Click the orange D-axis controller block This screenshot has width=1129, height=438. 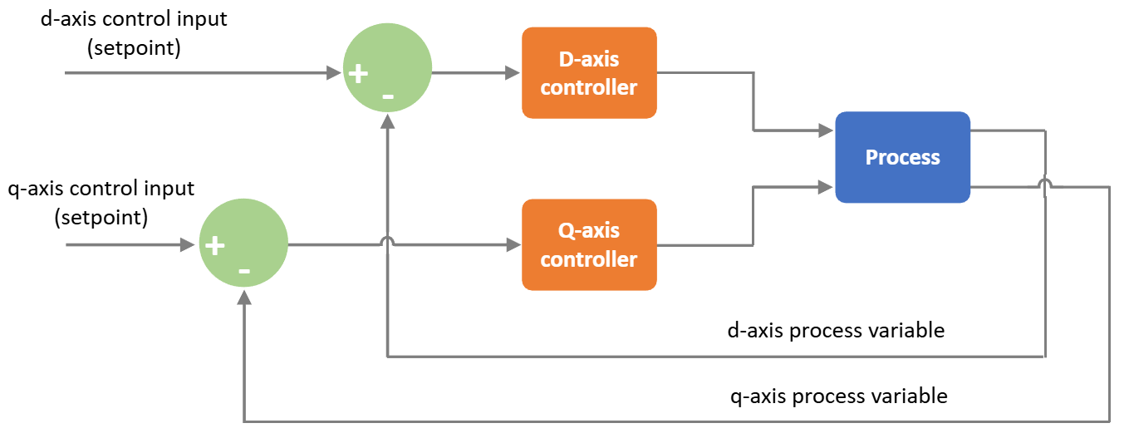[589, 73]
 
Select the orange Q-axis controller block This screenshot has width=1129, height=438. [589, 244]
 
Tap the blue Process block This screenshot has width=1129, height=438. [902, 157]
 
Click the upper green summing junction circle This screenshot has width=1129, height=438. [388, 73]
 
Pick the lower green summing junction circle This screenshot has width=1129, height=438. [243, 245]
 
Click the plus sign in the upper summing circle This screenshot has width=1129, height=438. [357, 74]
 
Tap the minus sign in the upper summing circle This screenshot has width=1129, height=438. [388, 97]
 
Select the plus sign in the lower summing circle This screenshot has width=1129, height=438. [214, 246]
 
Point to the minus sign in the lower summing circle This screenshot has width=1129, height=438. [244, 270]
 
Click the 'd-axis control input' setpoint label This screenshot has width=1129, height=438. [134, 32]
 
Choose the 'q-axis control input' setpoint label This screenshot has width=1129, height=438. [101, 203]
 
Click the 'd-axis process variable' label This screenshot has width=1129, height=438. [835, 330]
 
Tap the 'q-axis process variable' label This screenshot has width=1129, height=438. [837, 396]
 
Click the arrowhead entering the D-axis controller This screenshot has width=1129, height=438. [513, 73]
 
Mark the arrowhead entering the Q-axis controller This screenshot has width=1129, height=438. [513, 245]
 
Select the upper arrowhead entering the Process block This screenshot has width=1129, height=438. [827, 130]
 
